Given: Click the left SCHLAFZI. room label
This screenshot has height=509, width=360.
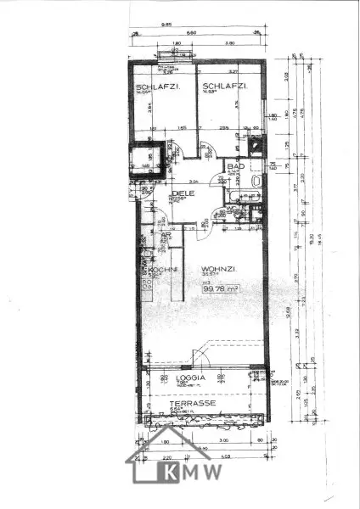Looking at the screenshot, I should pos(149,87).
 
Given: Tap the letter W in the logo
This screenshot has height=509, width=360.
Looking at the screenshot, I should pos(213,472).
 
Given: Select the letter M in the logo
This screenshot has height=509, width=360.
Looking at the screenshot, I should pos(192,472).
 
